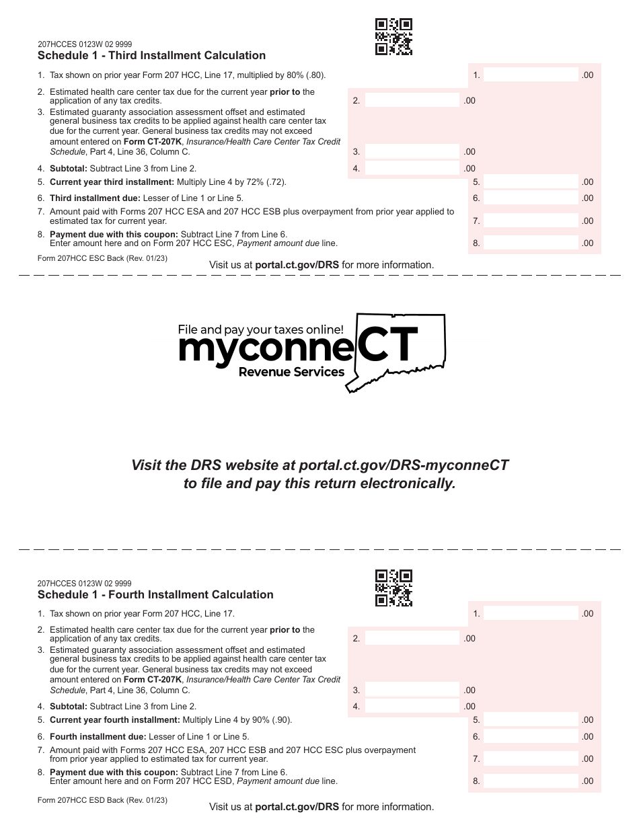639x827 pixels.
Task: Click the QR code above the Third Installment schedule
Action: pos(393,37)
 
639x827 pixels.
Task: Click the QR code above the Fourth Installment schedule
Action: pos(393,588)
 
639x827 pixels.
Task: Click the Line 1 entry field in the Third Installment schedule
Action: pos(531,75)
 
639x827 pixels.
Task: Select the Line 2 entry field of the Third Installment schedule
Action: pos(412,101)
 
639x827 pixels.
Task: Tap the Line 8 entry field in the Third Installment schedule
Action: pos(531,243)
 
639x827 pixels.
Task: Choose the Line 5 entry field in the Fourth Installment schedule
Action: pos(531,720)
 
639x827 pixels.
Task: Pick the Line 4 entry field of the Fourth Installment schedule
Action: pos(412,707)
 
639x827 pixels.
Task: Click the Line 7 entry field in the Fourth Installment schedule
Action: pos(531,759)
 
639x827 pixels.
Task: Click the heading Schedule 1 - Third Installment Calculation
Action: pos(151,56)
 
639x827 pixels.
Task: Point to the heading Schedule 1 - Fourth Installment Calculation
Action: pos(155,595)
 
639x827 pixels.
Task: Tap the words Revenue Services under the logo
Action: pos(291,372)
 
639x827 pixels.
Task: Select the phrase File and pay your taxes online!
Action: pos(260,329)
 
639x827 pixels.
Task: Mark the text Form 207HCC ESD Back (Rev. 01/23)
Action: pos(102,801)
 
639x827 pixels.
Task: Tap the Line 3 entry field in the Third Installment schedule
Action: pos(412,152)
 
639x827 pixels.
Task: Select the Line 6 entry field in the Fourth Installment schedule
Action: pos(531,737)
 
